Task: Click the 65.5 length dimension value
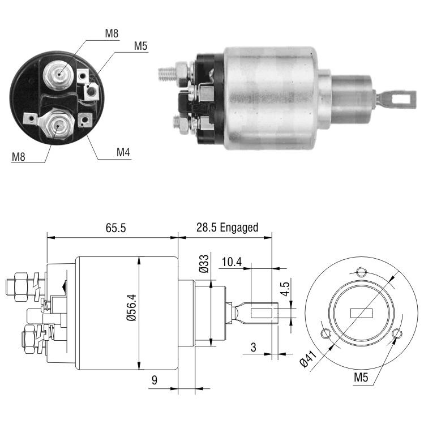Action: coord(115,228)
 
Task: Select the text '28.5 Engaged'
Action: coord(227,228)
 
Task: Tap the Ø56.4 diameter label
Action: coord(132,308)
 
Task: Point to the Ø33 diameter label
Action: coord(204,264)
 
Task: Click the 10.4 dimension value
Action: coord(232,262)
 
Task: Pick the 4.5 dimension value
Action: coord(285,289)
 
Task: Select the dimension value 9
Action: coord(154,380)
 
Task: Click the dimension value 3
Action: coord(253,347)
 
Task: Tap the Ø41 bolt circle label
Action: coord(308,359)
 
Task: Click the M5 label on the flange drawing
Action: coord(361,377)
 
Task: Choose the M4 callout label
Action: coord(123,152)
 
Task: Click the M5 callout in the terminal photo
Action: coord(140,46)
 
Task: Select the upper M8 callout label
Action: coord(112,33)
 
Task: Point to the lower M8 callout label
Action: coord(18,157)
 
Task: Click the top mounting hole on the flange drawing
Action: coord(361,272)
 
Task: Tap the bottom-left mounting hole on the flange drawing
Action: coord(326,333)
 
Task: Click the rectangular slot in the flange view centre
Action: coord(361,313)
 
